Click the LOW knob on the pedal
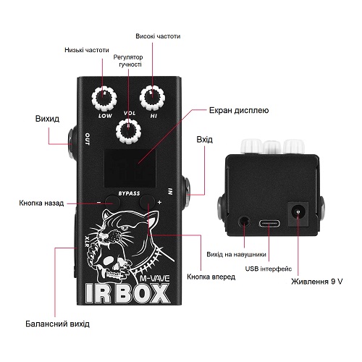104,98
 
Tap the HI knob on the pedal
152,97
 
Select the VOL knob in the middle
128,131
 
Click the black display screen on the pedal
130,168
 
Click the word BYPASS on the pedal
129,193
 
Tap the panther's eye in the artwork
125,227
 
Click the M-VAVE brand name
155,279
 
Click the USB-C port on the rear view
270,223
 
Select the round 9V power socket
298,213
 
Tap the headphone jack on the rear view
244,222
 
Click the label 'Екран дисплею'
239,110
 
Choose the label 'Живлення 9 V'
316,282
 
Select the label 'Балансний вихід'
57,324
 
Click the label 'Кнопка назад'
41,203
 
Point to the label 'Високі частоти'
158,36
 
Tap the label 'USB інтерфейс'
269,269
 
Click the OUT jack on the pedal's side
72,143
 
